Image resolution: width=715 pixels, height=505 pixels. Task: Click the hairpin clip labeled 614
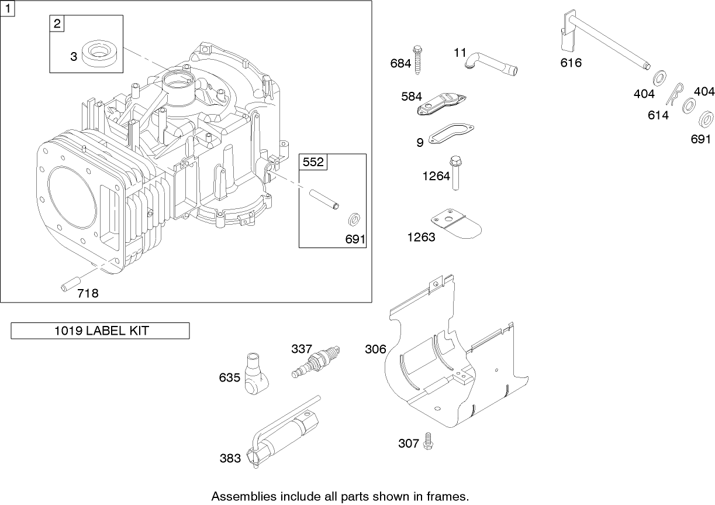coord(678,96)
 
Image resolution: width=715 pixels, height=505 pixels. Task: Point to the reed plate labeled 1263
coord(456,225)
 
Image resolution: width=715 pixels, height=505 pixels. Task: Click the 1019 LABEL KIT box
coord(101,331)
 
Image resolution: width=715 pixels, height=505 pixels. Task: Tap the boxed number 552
coord(313,162)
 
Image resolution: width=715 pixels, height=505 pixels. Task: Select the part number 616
coord(571,63)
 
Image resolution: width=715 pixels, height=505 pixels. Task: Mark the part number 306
coord(375,349)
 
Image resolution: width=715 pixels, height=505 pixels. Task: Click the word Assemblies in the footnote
coord(241,496)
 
